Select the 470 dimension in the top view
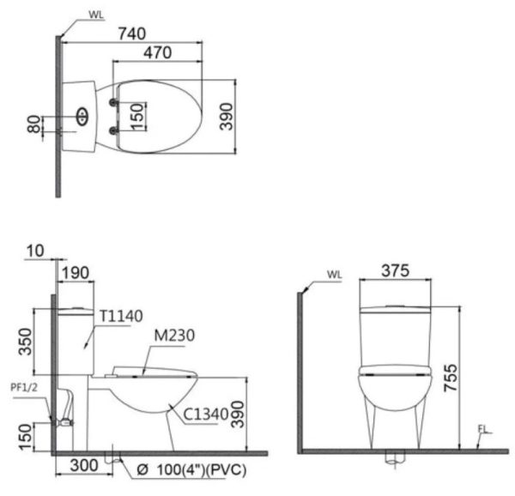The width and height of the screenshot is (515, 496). click(x=157, y=52)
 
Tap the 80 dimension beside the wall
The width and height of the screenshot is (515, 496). click(x=33, y=125)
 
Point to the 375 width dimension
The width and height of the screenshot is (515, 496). click(x=394, y=270)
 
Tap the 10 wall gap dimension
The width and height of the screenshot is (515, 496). click(x=34, y=250)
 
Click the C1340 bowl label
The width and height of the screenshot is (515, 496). click(x=205, y=415)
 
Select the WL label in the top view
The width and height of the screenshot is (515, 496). click(x=97, y=15)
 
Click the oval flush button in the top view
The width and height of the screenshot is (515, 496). click(x=82, y=116)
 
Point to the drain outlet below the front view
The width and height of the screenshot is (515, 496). click(x=393, y=461)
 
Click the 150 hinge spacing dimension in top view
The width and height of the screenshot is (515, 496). click(x=136, y=115)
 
